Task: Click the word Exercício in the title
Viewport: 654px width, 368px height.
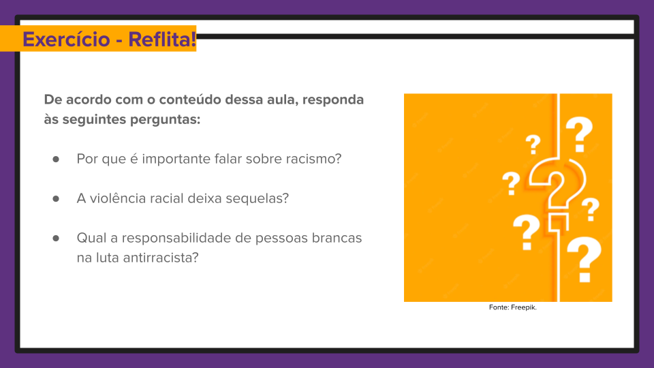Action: click(63, 40)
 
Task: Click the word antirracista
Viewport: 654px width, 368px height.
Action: click(161, 258)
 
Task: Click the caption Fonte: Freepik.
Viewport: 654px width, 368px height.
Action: click(513, 307)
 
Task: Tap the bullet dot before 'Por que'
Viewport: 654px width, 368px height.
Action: click(56, 159)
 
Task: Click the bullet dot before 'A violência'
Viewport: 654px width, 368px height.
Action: click(56, 199)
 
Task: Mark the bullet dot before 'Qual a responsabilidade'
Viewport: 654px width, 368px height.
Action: click(56, 239)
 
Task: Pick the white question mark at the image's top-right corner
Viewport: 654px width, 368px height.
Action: click(579, 134)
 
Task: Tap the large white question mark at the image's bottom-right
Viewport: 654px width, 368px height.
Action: click(584, 260)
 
